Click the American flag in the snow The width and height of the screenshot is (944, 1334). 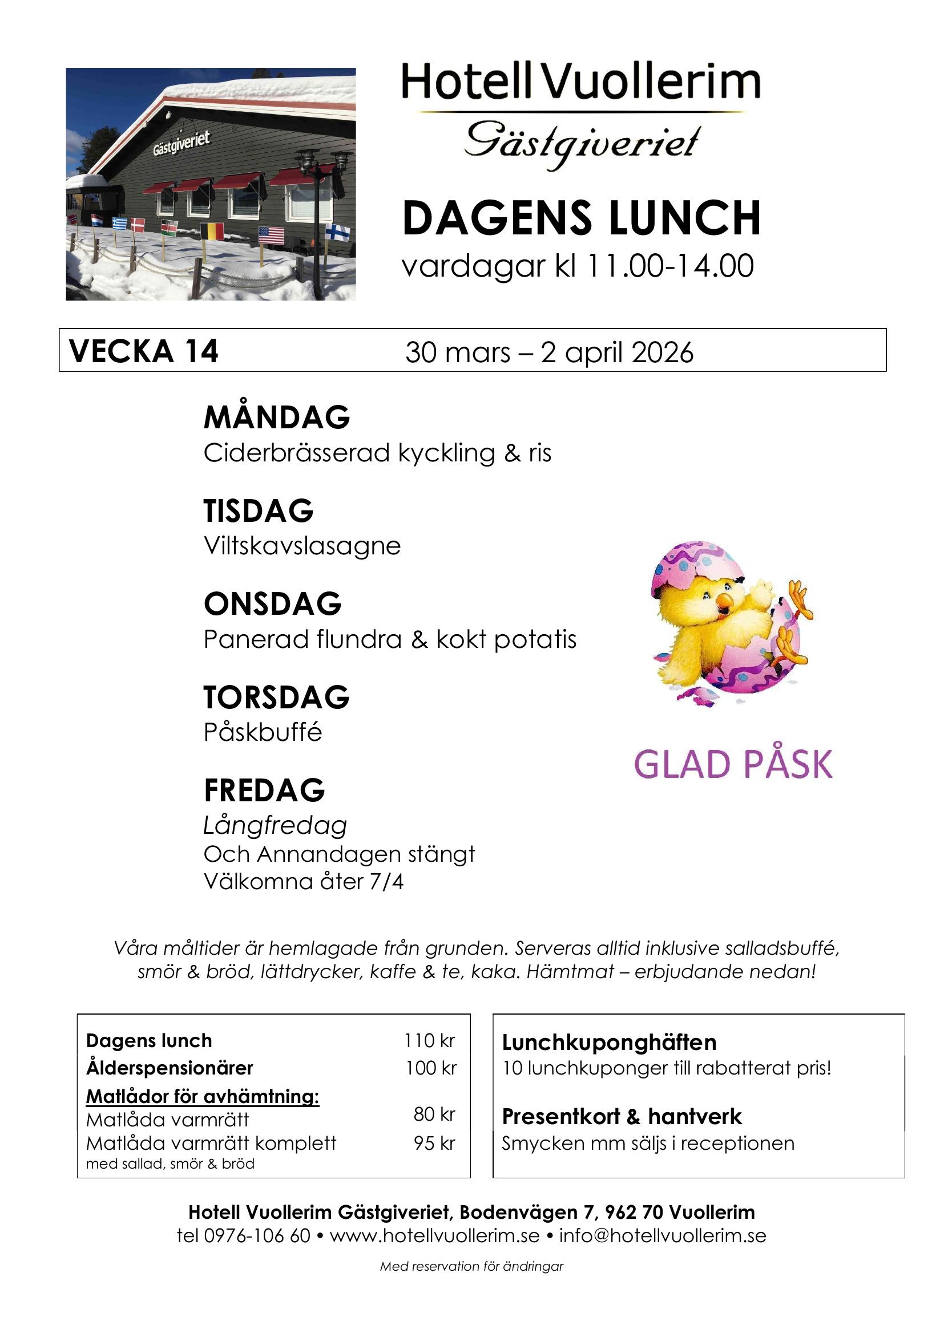coord(271,235)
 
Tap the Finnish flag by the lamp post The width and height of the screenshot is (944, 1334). coord(338,232)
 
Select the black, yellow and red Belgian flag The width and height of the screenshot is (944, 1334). coord(212,231)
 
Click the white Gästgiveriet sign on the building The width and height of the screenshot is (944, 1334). coord(181,143)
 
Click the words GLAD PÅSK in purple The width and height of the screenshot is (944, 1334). coord(733,764)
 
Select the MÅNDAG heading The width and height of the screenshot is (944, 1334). coord(277,417)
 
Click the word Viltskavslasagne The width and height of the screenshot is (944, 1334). coord(302,546)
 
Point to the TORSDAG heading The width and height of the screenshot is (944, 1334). coord(276,697)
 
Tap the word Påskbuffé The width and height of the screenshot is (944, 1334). coord(262,732)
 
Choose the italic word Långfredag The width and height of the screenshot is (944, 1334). coord(275,826)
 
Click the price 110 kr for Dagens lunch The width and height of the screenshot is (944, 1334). coord(430,1041)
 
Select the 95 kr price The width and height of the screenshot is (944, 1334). coord(434,1143)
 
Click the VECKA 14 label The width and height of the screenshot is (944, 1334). coord(144,351)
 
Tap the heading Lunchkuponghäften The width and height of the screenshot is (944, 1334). coord(609,1043)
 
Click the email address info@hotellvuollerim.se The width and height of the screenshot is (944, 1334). coord(663,1235)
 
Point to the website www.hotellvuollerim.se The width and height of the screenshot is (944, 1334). coord(435,1235)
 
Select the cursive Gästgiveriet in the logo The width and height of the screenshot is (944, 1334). coord(581,144)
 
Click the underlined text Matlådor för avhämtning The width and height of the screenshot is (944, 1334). coord(202,1096)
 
